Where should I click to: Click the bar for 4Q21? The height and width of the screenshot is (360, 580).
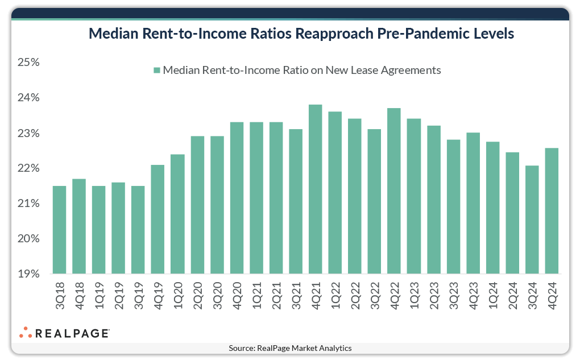point(315,189)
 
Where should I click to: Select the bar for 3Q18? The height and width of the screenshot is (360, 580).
point(59,230)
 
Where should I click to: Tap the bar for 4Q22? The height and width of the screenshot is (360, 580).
point(394,191)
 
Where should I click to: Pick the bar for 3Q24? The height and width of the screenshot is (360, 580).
point(532,220)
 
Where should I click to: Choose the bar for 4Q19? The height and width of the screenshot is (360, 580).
point(158,220)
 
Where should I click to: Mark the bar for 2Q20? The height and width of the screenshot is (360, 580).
point(197,205)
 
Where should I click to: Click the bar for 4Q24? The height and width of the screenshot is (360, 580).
point(552,211)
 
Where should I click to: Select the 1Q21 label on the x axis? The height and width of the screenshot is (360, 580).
point(256,293)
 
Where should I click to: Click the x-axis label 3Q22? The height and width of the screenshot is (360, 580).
point(375,293)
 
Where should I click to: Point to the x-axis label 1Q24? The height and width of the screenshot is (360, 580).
point(493,293)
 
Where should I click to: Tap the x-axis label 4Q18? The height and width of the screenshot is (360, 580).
point(79,293)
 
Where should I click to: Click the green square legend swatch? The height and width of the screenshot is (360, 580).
point(156,71)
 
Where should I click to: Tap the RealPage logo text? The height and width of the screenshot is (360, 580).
point(72,333)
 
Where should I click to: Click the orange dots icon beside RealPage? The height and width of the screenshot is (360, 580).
point(25,333)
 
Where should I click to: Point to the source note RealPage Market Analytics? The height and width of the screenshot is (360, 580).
point(290,348)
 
